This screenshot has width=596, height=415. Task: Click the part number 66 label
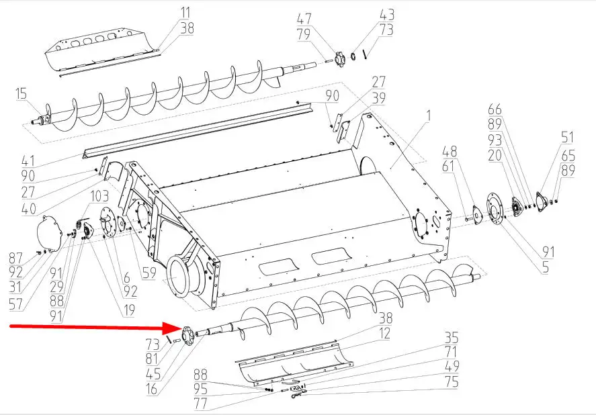(x=495, y=109)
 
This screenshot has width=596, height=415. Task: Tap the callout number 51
(x=568, y=137)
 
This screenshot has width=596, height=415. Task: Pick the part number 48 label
(x=450, y=151)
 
